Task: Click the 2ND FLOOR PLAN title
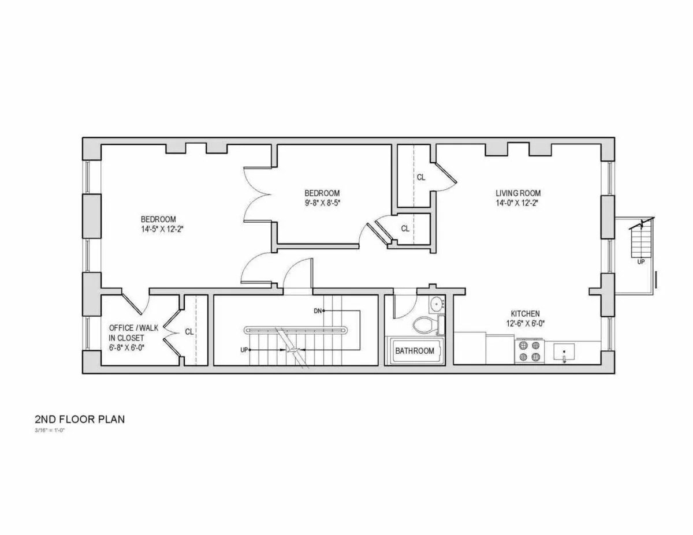click(79, 419)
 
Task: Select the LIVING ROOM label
click(518, 193)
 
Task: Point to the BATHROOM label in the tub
click(415, 351)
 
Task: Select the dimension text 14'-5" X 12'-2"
click(158, 229)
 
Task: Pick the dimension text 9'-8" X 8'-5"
click(322, 203)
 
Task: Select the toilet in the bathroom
click(424, 326)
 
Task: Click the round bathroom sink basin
click(436, 304)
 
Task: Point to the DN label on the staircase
click(318, 311)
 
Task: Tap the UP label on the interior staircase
click(244, 350)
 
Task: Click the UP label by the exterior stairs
click(641, 261)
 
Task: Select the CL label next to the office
click(189, 332)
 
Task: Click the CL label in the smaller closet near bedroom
click(405, 229)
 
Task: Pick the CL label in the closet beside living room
click(421, 178)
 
